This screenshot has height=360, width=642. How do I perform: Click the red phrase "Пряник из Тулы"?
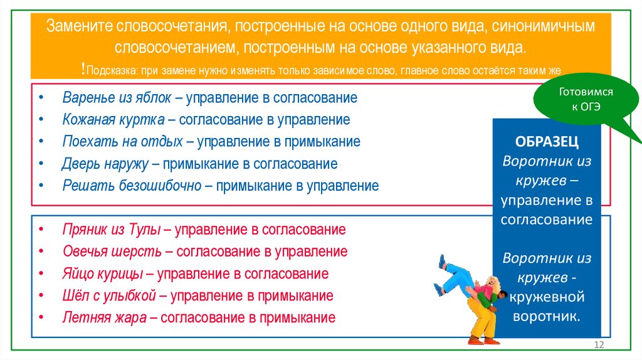tap(111, 230)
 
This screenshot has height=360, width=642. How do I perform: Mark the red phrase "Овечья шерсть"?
tap(112, 251)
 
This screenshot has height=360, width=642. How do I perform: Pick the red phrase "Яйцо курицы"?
tap(103, 273)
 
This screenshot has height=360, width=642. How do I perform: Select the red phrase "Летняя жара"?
tap(105, 317)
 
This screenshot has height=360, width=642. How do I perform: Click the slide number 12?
tap(598, 346)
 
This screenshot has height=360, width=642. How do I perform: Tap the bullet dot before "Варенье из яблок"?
tap(41, 99)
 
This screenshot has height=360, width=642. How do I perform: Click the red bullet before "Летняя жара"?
tap(41, 318)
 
